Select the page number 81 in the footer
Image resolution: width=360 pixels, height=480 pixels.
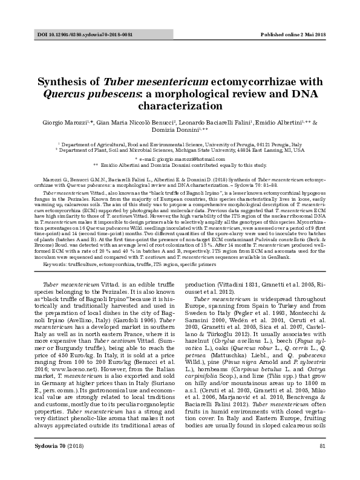click(322, 463)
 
